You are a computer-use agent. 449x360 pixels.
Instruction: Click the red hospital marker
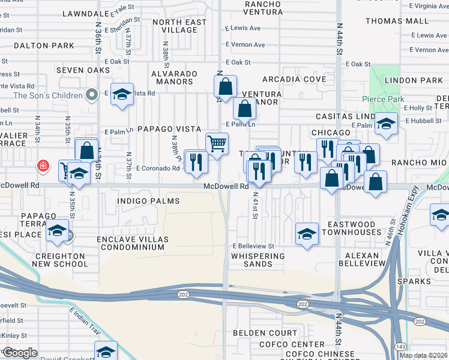point(43,166)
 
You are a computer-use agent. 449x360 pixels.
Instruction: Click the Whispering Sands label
point(258,256)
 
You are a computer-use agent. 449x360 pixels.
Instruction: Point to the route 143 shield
point(400,346)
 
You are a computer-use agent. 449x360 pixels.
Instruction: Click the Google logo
point(20,353)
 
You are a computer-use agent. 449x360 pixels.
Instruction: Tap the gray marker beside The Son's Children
point(91,95)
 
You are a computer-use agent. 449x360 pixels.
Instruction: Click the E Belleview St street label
point(253,246)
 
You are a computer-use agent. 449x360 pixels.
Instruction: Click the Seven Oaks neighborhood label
point(83,70)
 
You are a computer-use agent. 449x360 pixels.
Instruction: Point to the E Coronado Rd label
point(158,169)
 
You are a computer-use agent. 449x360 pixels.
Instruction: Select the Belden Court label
point(273,332)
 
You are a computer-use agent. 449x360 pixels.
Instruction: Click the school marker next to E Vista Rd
point(122,94)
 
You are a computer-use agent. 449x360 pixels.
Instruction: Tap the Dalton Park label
point(35,45)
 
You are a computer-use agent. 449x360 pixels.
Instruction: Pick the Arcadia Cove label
point(289,79)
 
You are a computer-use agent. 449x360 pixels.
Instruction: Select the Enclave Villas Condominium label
point(133,244)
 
